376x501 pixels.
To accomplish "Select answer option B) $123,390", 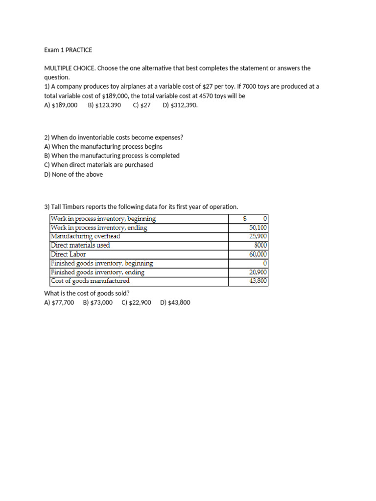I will tap(104, 105).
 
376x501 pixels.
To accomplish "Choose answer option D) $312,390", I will tap(180, 105).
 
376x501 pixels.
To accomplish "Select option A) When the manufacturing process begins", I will tap(103, 146).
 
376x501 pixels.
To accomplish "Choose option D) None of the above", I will tap(73, 174).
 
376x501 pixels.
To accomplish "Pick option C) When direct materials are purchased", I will tap(98, 165).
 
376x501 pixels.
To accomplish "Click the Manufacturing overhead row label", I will tap(86, 236).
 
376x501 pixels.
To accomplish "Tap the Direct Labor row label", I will tap(69, 254).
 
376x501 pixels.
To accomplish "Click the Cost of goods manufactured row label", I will tap(90, 281).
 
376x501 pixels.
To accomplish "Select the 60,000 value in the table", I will tap(258, 254).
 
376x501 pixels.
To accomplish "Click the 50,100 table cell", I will tap(258, 228).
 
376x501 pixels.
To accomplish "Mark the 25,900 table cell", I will tap(258, 236).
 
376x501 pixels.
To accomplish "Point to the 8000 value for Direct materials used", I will tap(260, 245).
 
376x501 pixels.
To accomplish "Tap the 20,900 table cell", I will tap(258, 272).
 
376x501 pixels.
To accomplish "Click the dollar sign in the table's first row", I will tap(245, 218).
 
